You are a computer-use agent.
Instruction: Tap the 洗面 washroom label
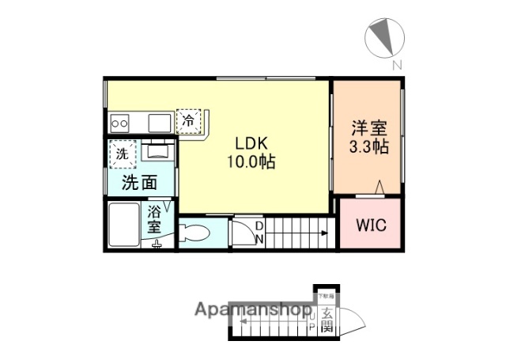click(138, 183)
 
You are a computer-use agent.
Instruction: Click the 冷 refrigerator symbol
click(188, 121)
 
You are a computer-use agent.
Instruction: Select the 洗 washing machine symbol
click(122, 153)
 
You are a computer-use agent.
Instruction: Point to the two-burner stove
click(120, 123)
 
